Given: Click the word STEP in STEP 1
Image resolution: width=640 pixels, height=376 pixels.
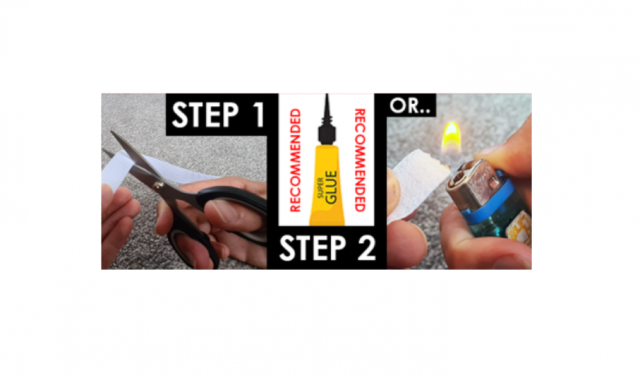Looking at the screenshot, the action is click(x=205, y=115).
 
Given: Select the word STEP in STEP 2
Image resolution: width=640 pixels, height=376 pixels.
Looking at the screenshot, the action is click(x=313, y=248).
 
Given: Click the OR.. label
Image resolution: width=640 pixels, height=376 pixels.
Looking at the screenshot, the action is click(x=410, y=106).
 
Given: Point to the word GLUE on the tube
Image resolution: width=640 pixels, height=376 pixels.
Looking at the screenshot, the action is click(x=331, y=187).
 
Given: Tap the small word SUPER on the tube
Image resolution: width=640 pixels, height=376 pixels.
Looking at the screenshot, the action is click(x=321, y=188).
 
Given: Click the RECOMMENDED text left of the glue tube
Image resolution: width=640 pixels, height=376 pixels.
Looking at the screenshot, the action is click(x=295, y=160).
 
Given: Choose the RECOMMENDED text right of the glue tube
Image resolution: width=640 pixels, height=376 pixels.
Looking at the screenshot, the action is click(x=360, y=160).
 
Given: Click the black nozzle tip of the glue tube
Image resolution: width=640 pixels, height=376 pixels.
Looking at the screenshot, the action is click(x=326, y=102).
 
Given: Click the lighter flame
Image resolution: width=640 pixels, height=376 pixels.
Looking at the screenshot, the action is click(x=451, y=136).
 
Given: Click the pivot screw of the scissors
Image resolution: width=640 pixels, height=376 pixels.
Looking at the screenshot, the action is click(x=158, y=186).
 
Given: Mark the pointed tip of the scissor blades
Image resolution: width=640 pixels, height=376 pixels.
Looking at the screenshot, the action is click(x=111, y=132).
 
